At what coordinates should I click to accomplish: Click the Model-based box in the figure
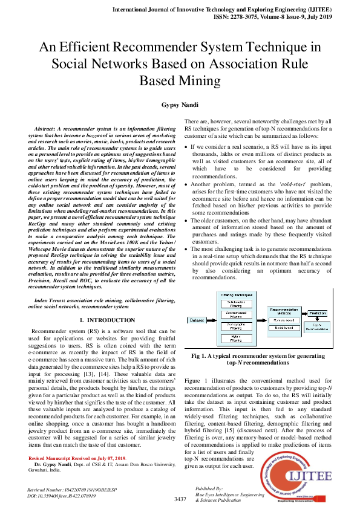tap(284, 329)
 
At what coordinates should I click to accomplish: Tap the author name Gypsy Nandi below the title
tap(180, 105)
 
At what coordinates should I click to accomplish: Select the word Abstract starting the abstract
tap(45, 130)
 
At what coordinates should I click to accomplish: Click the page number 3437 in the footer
tap(180, 499)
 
